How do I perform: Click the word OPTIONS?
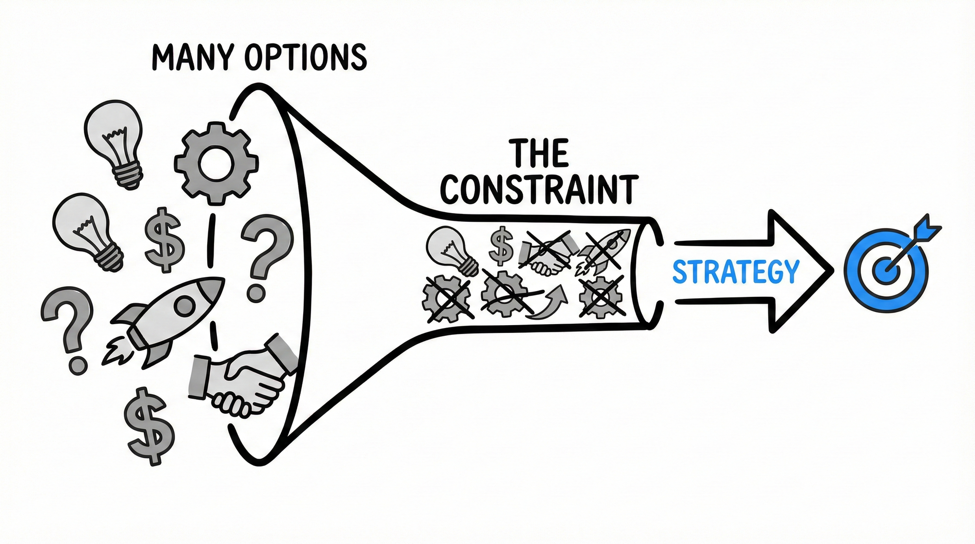[305, 58]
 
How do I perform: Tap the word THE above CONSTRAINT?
[539, 153]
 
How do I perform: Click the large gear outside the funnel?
[216, 163]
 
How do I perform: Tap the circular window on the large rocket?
[184, 306]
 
